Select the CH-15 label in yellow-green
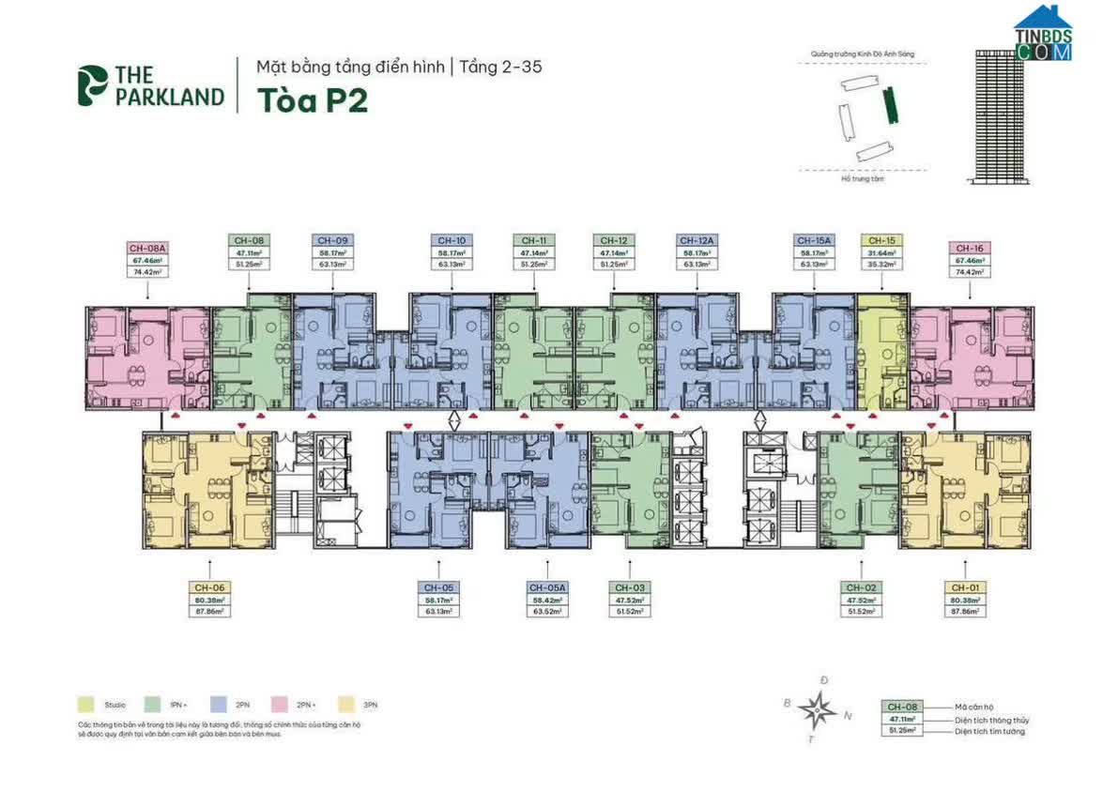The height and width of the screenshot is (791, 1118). click(x=881, y=240)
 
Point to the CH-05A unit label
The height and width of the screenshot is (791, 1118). click(x=544, y=587)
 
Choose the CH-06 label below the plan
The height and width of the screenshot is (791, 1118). click(x=209, y=587)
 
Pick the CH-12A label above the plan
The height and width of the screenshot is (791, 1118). click(x=695, y=240)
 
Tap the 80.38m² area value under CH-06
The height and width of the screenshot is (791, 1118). click(x=209, y=599)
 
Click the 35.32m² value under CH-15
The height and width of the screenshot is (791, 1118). click(x=881, y=265)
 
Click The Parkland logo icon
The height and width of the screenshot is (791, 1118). click(x=93, y=85)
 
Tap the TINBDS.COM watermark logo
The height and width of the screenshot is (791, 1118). click(x=1042, y=36)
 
